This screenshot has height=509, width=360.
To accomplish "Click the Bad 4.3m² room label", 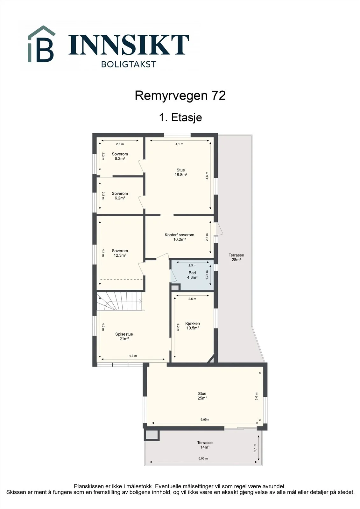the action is [192, 275].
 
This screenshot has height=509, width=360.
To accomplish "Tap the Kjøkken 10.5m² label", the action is [193, 326].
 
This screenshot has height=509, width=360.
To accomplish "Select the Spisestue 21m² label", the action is [124, 336].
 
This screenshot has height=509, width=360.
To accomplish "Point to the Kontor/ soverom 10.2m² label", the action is [180, 237].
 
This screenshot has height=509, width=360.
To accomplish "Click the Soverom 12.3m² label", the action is [120, 253].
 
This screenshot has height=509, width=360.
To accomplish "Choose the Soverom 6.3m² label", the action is [120, 156].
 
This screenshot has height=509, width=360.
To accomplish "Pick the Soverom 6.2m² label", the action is [120, 196].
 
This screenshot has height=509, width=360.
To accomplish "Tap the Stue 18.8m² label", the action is [181, 172].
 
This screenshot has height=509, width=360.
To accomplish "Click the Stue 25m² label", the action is [202, 396].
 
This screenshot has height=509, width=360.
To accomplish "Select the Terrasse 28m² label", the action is [236, 257].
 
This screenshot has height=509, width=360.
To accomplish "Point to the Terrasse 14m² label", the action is [205, 445].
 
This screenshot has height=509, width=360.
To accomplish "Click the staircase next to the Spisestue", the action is [119, 301].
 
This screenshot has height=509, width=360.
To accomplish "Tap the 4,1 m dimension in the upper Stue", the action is [179, 144].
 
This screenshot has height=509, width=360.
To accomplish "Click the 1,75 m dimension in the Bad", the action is [207, 275].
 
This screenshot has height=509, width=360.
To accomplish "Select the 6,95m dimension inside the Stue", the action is [205, 420].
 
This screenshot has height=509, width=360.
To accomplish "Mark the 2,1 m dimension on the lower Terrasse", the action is [255, 448].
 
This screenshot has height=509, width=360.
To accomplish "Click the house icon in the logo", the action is [42, 44].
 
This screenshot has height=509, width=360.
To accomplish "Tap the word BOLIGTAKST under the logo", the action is [129, 64].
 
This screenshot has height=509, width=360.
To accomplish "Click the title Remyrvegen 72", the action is [180, 95].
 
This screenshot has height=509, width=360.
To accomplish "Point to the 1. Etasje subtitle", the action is [180, 117].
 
